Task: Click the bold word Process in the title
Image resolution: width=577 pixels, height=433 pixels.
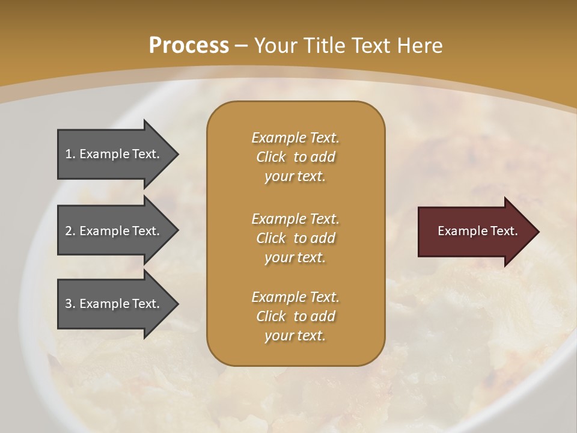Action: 189,46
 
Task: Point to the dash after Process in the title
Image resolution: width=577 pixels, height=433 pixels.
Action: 241,46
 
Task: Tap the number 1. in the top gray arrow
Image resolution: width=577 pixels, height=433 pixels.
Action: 70,154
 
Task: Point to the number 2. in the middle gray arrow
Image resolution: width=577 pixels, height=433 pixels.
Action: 70,231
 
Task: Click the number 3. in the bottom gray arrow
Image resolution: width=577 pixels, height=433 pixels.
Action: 70,304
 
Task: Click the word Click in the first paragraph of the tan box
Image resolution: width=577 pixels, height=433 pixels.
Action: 271,157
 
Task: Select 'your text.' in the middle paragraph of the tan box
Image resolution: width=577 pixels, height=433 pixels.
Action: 295,257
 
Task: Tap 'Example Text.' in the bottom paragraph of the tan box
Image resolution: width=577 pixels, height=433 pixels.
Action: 295,297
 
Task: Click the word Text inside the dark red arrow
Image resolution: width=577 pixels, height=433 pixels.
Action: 503,231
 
